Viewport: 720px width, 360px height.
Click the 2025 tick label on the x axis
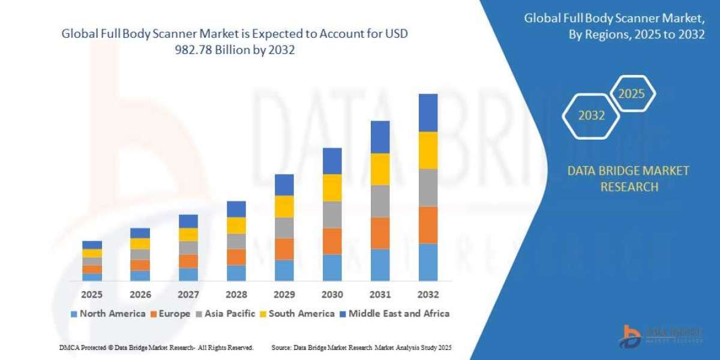click(92, 295)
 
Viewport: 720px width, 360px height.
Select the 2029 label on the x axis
click(284, 295)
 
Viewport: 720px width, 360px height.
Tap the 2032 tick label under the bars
click(428, 295)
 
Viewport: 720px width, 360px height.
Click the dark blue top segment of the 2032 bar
click(428, 113)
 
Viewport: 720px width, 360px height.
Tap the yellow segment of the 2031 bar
click(380, 169)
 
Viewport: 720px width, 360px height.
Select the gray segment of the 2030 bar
click(332, 214)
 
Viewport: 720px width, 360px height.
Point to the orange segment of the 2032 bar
click(428, 224)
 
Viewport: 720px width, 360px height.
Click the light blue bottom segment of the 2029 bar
click(284, 270)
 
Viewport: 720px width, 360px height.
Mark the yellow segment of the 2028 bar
click(236, 225)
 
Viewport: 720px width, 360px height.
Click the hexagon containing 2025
click(632, 94)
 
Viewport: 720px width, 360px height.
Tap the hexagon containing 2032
click(592, 116)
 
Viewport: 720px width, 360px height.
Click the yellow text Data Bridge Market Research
click(628, 179)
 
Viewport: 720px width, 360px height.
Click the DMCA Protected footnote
click(156, 347)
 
